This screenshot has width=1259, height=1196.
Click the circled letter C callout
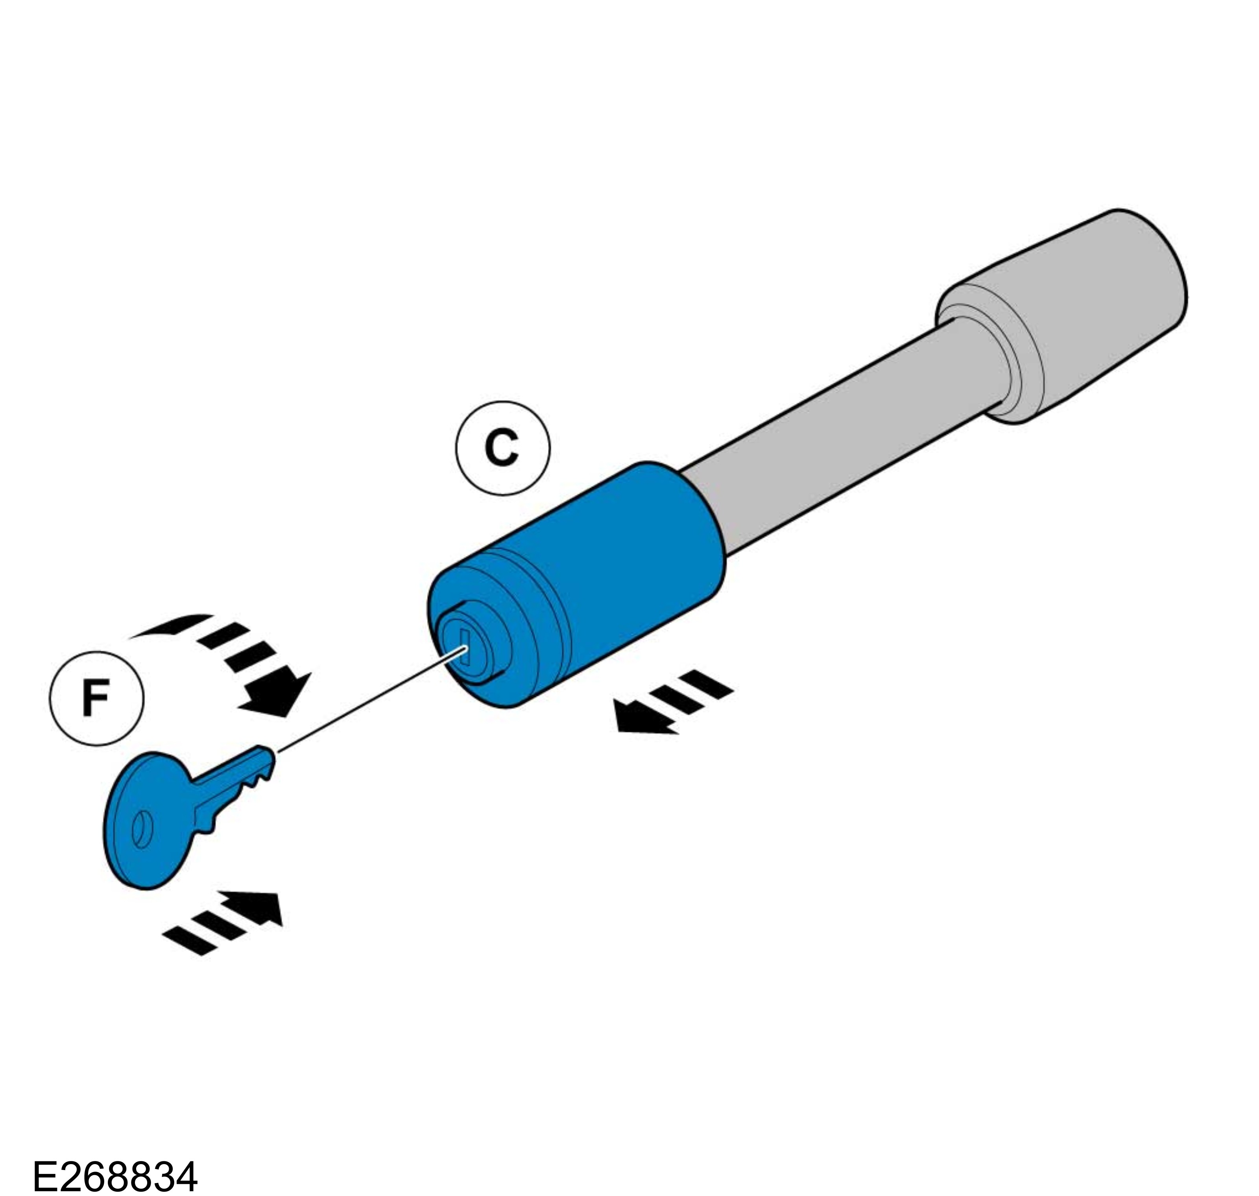coord(502,448)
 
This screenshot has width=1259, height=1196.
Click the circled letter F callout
coord(96,698)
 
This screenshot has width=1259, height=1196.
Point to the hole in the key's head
coord(142,830)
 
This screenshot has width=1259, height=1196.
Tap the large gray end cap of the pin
coord(1071,312)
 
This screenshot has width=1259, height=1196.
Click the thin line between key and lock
coord(370,701)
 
